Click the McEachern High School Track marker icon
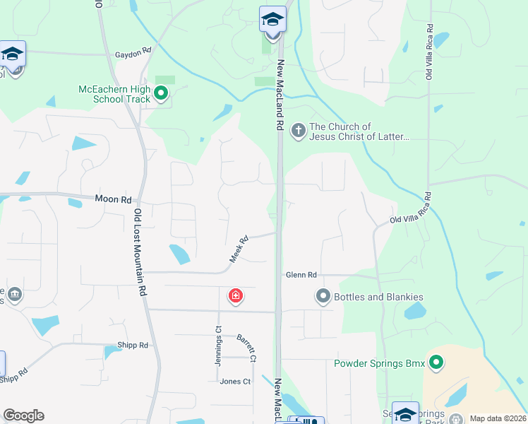(161, 93)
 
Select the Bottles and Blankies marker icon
(323, 296)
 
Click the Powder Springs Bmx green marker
(436, 363)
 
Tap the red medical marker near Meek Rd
(235, 296)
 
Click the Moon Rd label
(113, 200)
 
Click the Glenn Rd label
(301, 274)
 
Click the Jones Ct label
(235, 382)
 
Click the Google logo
(23, 416)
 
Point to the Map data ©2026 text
(497, 418)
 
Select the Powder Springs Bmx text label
(380, 364)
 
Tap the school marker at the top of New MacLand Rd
(272, 20)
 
